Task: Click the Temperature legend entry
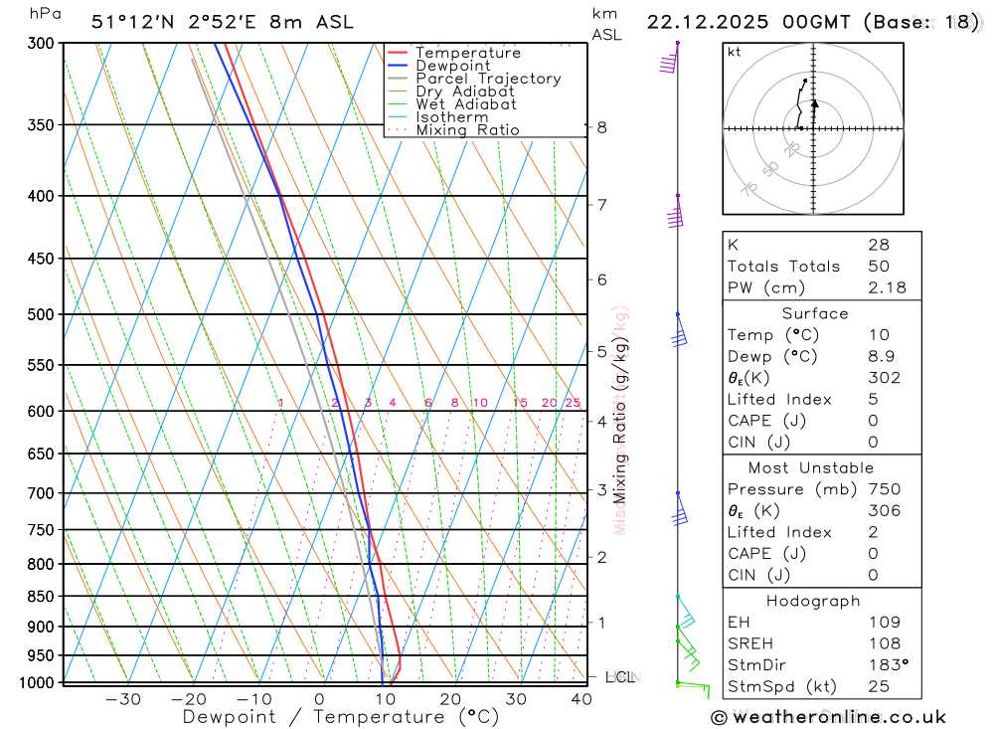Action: point(467,53)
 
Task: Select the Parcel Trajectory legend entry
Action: point(487,79)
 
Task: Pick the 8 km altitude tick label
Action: point(601,127)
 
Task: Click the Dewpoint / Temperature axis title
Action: point(340,717)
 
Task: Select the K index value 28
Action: point(878,245)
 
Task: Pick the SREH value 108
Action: point(884,643)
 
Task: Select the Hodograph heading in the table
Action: point(813,601)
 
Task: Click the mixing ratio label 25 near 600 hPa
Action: point(573,403)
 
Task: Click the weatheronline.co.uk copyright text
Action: point(828,717)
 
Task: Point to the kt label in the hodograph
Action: point(734,52)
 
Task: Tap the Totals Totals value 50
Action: point(878,267)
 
